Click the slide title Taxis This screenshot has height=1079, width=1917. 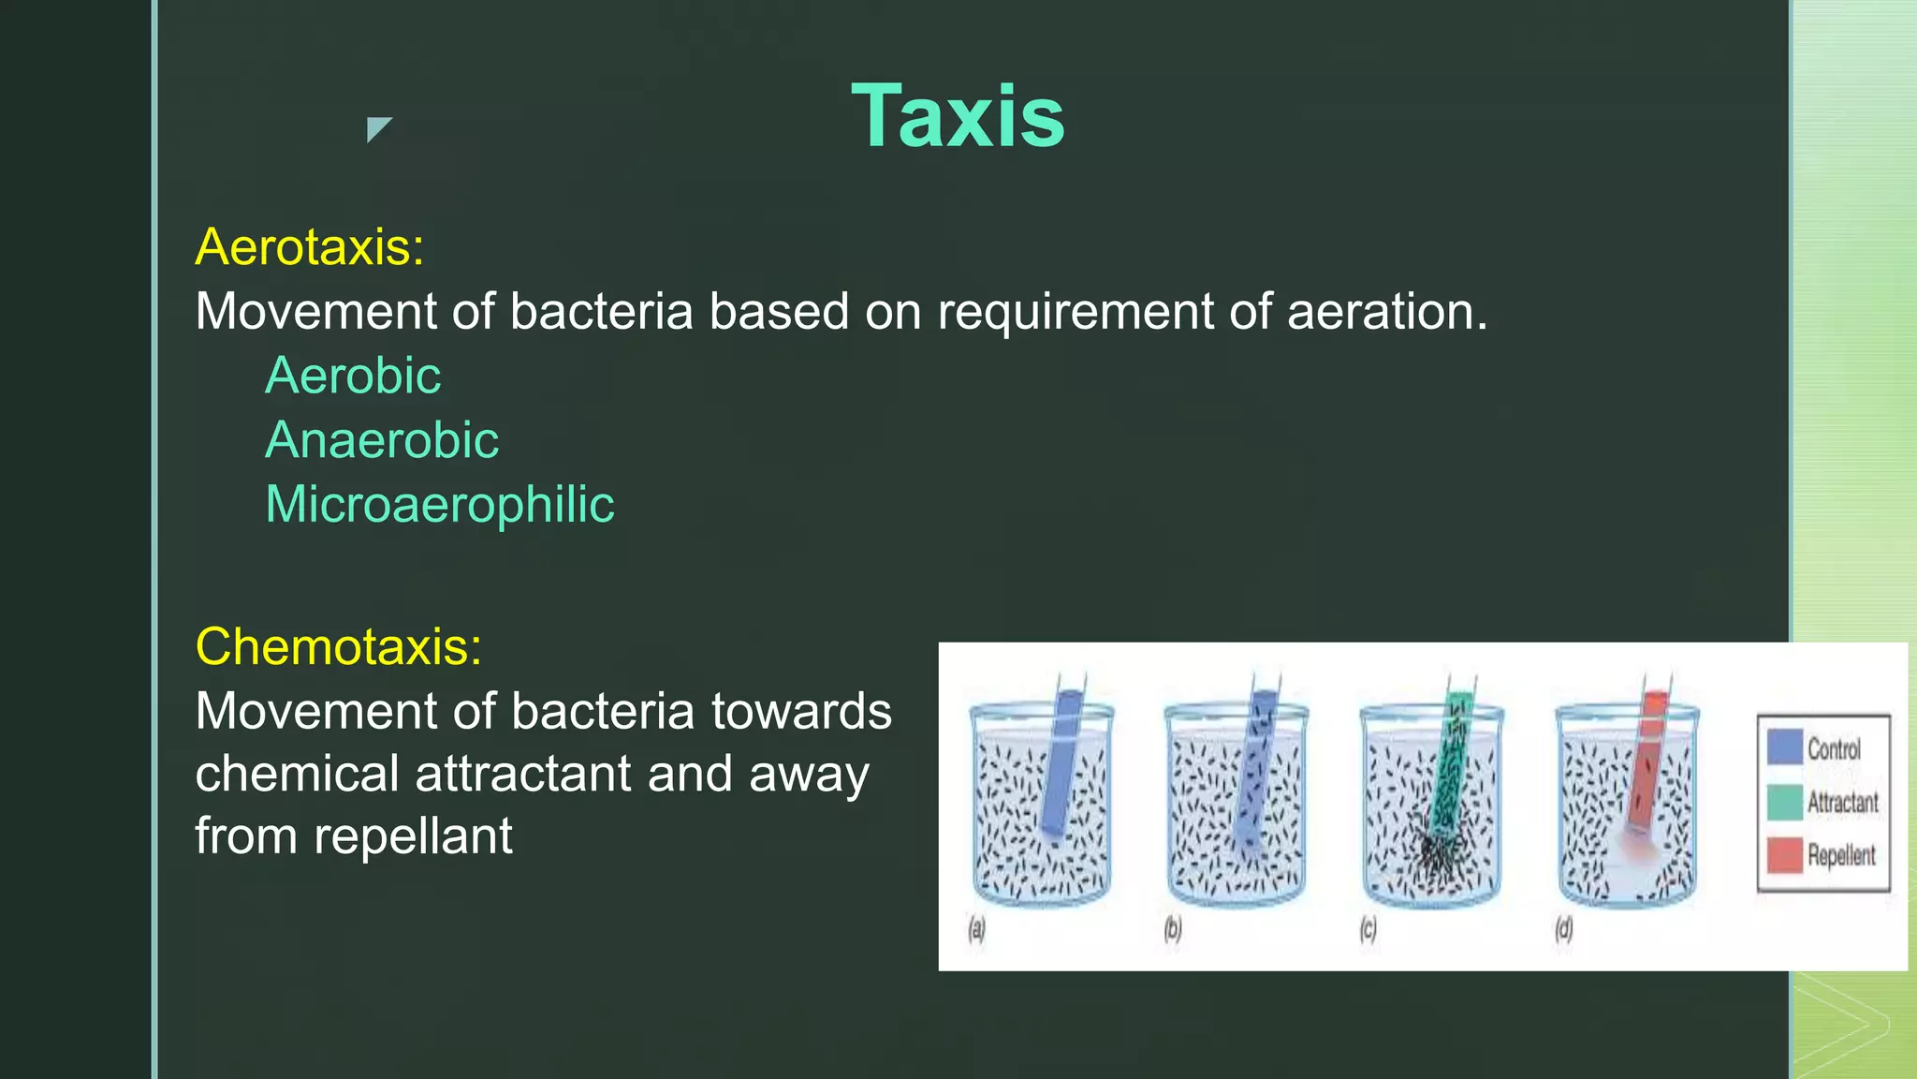click(x=957, y=116)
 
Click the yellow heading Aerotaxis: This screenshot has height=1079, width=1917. click(x=309, y=247)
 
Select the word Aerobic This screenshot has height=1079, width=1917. click(x=353, y=376)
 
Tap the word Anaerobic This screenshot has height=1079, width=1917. click(x=382, y=440)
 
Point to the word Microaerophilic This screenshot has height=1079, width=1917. click(x=439, y=505)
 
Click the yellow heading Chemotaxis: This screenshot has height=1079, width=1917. click(x=338, y=647)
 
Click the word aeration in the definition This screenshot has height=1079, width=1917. click(x=1386, y=311)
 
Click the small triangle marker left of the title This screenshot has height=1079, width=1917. click(x=377, y=128)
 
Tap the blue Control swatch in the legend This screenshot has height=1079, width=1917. click(x=1784, y=747)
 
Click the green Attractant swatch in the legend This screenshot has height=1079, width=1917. click(x=1784, y=802)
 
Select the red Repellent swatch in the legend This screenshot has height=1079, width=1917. click(x=1784, y=854)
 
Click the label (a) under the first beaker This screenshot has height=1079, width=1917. click(x=976, y=929)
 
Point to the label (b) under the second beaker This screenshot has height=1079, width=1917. click(x=1172, y=929)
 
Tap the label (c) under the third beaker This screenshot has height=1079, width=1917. click(x=1368, y=929)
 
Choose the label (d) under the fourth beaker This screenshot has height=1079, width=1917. click(x=1563, y=929)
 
